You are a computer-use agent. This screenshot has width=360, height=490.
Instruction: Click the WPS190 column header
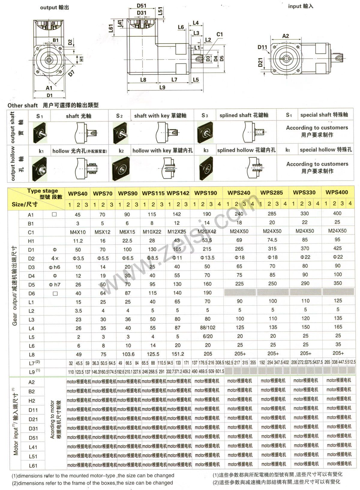click(206, 193)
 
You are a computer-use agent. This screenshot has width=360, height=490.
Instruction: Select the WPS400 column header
click(337, 193)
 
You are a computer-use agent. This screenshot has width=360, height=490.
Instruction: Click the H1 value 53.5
click(207, 240)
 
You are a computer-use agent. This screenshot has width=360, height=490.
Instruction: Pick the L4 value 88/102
click(207, 327)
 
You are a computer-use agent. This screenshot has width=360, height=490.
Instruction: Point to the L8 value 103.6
click(128, 354)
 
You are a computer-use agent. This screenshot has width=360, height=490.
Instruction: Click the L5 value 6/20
click(207, 336)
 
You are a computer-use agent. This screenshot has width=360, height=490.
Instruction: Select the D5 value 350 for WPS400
click(337, 283)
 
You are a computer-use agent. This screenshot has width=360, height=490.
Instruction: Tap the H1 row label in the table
click(31, 241)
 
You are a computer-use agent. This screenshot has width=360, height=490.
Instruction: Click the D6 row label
click(31, 293)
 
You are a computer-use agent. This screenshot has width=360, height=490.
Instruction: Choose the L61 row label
click(33, 466)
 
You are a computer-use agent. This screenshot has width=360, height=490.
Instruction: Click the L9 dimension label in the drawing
click(162, 87)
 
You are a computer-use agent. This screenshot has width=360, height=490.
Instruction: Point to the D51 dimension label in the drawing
click(141, 6)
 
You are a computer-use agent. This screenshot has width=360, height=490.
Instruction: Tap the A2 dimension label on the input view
click(286, 36)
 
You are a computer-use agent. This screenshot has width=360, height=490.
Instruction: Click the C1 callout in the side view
click(220, 34)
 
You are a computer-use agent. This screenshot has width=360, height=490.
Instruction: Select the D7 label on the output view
click(71, 72)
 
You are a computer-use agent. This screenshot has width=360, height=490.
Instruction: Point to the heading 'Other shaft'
click(23, 105)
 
